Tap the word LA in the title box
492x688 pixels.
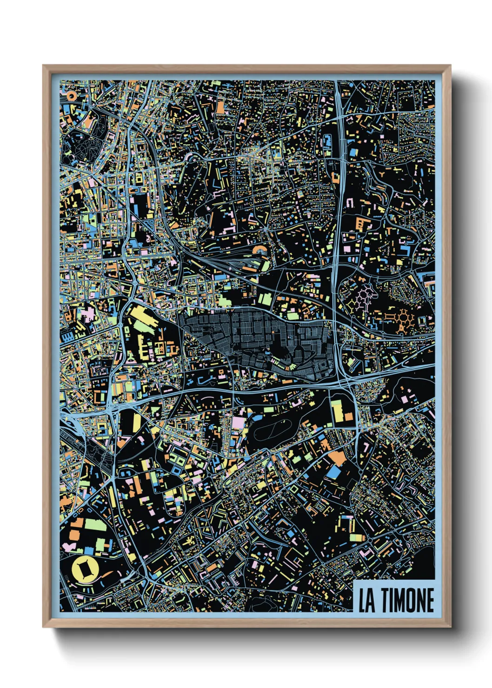pos(367,601)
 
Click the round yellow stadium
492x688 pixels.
pos(84,570)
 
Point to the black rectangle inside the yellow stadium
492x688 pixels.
pos(84,570)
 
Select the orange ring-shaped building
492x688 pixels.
pos(71,96)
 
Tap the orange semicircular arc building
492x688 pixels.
pos(259,251)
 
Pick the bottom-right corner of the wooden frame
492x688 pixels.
pos(450,627)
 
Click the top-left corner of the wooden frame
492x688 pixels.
pos(43,66)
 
